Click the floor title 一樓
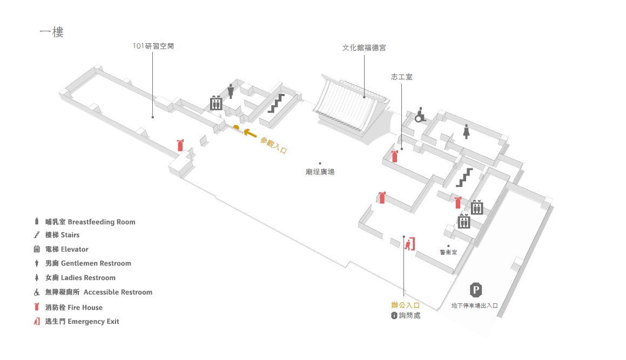52,32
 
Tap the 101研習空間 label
153,46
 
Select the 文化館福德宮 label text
364,47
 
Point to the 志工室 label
401,77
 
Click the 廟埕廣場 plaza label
320,172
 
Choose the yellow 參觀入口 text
273,146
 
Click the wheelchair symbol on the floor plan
420,115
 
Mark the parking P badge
475,290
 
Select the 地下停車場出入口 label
474,305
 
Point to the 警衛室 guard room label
448,252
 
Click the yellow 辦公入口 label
405,305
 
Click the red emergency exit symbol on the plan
410,244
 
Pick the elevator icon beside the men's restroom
216,103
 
